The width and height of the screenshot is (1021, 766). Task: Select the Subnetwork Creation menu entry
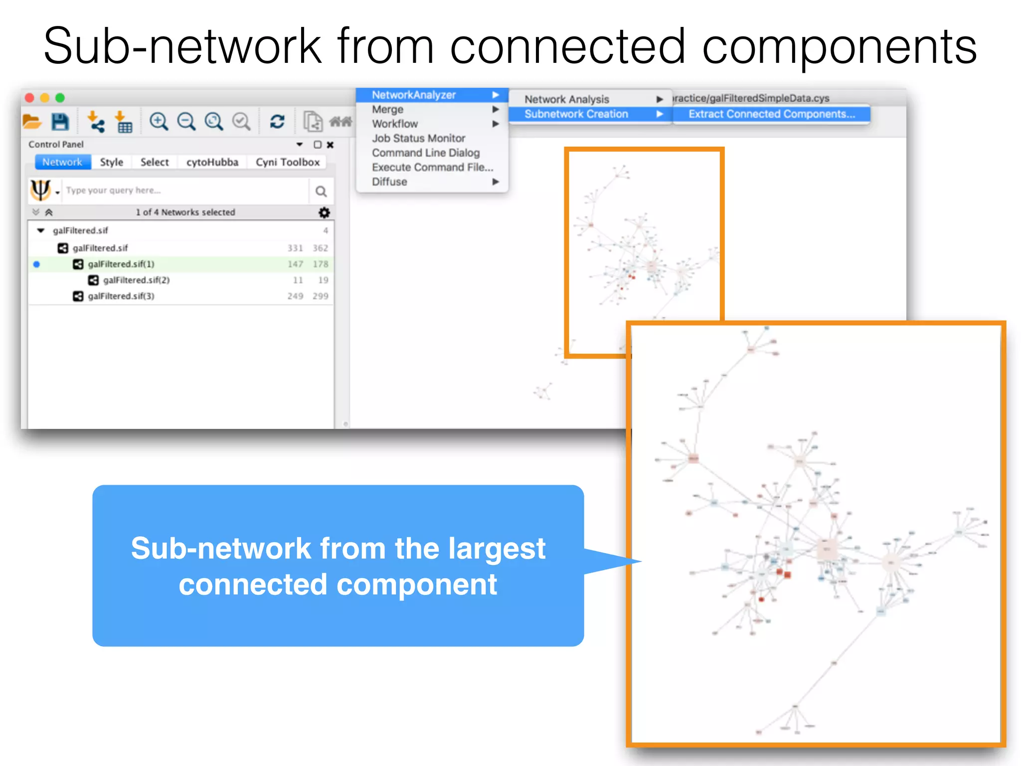coord(576,114)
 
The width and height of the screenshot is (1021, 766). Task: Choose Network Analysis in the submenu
coord(566,99)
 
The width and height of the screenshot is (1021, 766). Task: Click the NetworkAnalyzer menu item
coord(414,95)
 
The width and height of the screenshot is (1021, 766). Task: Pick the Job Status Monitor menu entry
coord(418,138)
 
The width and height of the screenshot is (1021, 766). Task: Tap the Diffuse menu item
coord(389,182)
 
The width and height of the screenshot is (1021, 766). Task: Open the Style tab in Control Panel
coord(111,162)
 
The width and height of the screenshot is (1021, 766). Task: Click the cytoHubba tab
coord(212,162)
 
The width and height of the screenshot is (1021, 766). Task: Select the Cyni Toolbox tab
coord(287,162)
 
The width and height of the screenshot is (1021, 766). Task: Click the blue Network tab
coord(62,162)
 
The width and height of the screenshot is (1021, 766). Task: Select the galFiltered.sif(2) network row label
coord(136,280)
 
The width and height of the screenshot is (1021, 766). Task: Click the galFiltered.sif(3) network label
coord(121,296)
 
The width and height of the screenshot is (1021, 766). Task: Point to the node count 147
coord(295,264)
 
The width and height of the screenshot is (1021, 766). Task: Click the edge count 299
coord(320,296)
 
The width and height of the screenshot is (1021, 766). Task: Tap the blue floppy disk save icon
coord(60,122)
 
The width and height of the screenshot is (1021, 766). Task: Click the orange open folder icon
coord(32,122)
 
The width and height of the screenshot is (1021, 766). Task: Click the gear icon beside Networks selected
coord(324,212)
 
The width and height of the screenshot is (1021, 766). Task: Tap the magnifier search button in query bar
coord(321,191)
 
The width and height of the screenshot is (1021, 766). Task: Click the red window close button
coord(29,98)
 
